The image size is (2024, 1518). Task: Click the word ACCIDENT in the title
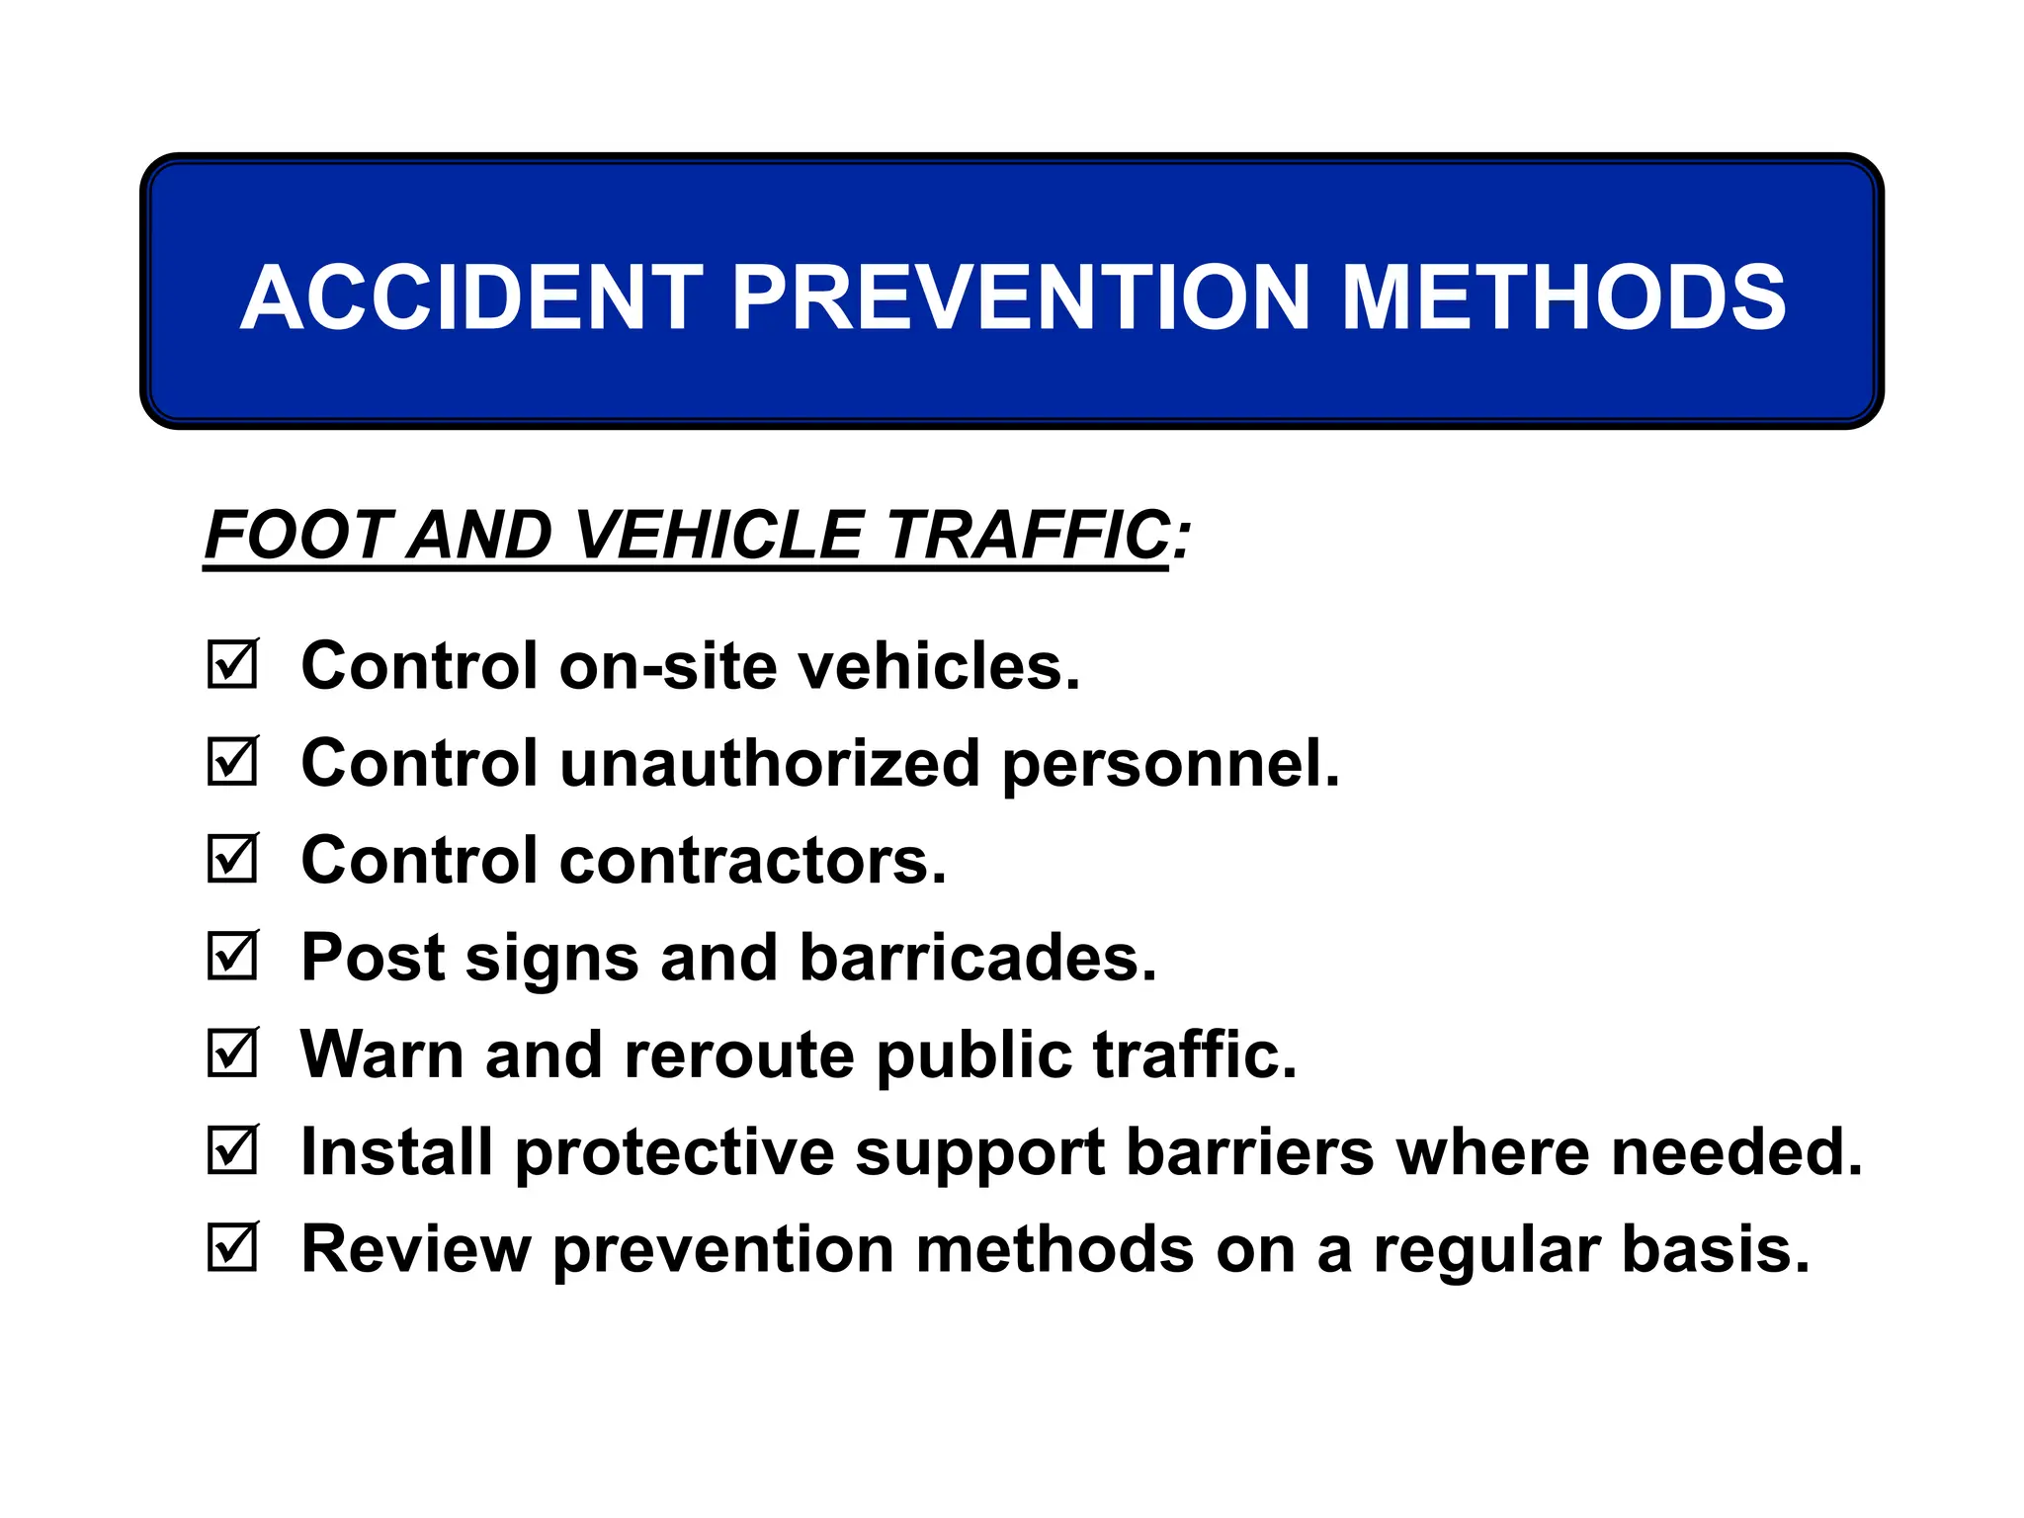pyautogui.click(x=471, y=297)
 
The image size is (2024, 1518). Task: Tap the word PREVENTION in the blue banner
pyautogui.click(x=1021, y=297)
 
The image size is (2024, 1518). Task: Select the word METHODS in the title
pyautogui.click(x=1563, y=297)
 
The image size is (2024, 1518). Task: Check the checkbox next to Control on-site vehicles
pyautogui.click(x=232, y=665)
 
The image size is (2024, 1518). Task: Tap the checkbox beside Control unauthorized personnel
pyautogui.click(x=232, y=762)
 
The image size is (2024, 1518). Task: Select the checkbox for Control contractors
pyautogui.click(x=232, y=859)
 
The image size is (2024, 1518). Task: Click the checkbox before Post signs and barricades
pyautogui.click(x=232, y=957)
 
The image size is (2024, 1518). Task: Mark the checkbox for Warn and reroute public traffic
pyautogui.click(x=232, y=1054)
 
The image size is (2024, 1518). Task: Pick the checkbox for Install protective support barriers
pyautogui.click(x=232, y=1150)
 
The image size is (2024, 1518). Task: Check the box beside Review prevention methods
pyautogui.click(x=232, y=1248)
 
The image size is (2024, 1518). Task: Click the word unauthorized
pyautogui.click(x=770, y=764)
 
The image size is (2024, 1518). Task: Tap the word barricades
pyautogui.click(x=977, y=958)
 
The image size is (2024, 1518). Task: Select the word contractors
pyautogui.click(x=752, y=861)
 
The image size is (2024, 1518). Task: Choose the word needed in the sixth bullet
pyautogui.click(x=1736, y=1152)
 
